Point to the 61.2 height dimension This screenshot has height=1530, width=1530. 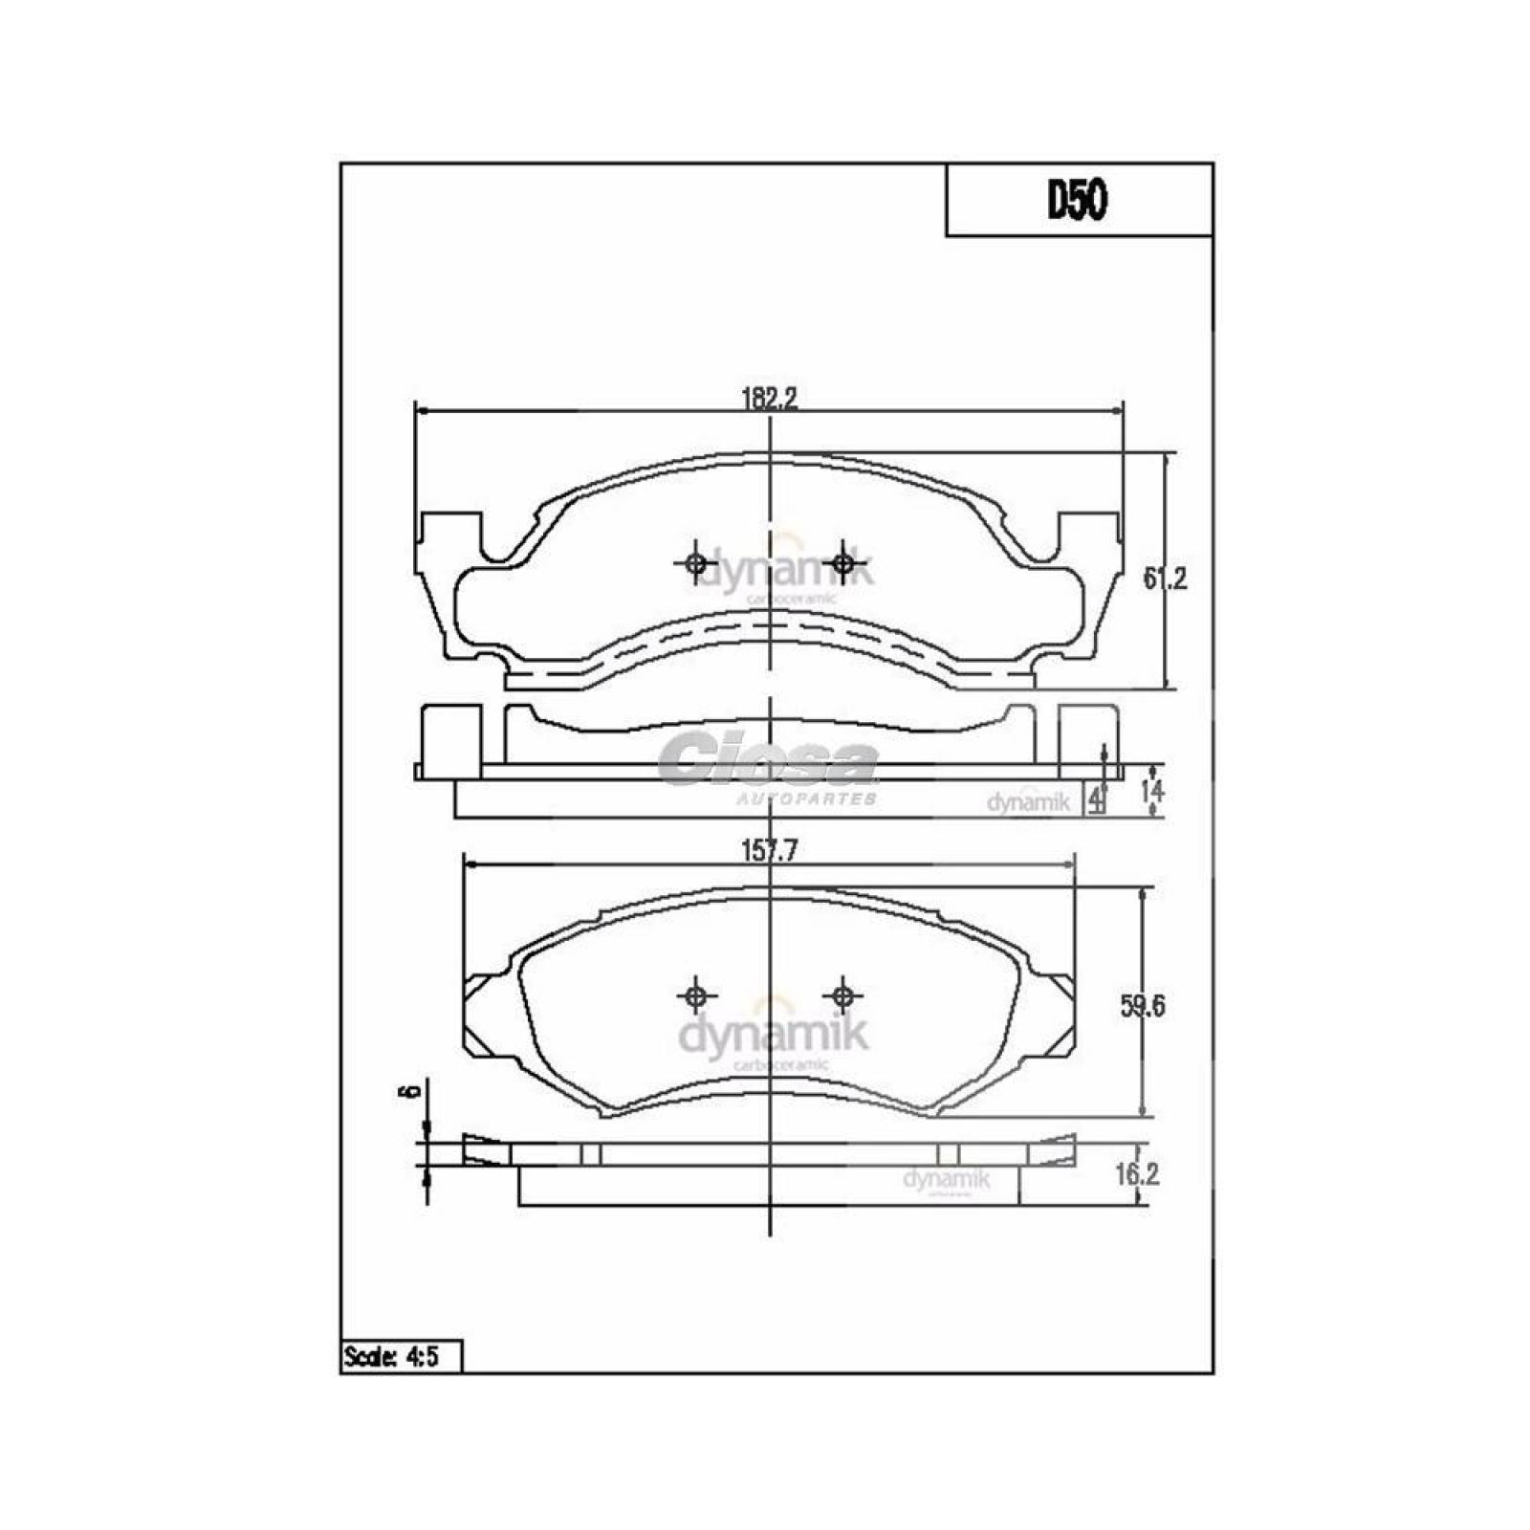coord(1165,579)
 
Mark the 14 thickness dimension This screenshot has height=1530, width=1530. coord(1152,791)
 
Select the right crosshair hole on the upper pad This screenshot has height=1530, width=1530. coord(842,563)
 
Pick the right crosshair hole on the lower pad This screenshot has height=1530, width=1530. coord(842,996)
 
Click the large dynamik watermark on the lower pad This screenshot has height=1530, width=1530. coord(773,1036)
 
